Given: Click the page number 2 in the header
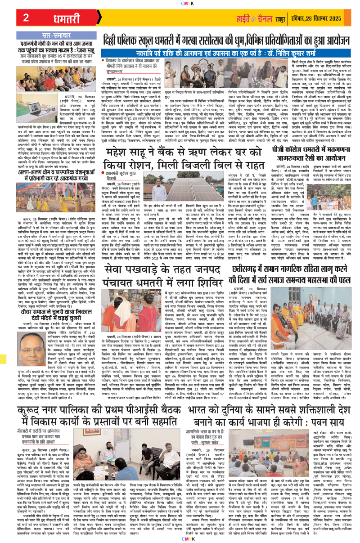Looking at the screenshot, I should tap(26, 18).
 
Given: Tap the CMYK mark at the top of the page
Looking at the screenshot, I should tap(180, 3).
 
